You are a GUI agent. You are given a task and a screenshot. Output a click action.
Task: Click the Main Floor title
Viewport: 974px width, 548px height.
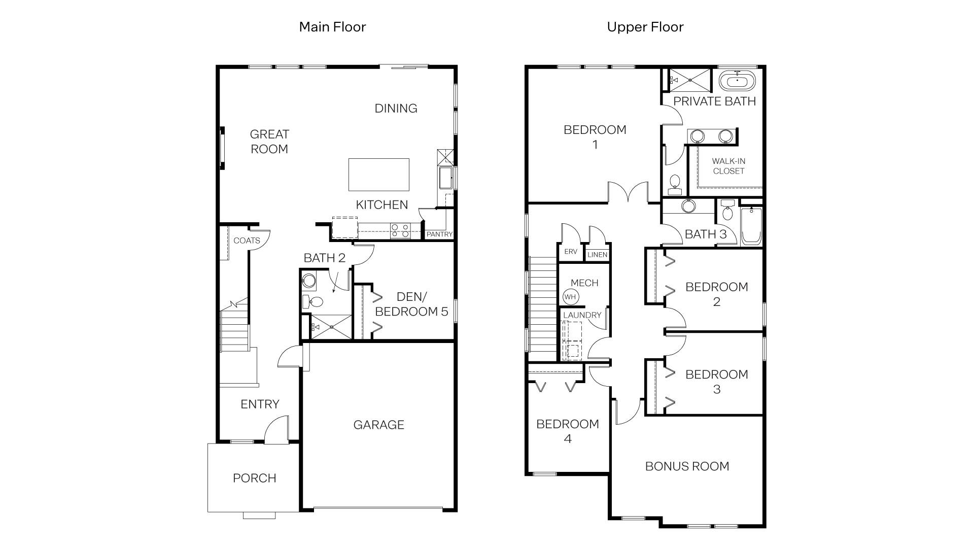[x=332, y=27]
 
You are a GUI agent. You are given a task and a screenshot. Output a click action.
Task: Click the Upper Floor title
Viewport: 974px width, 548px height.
[x=645, y=27]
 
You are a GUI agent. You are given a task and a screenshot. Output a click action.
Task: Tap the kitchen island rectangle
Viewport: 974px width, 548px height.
[x=378, y=175]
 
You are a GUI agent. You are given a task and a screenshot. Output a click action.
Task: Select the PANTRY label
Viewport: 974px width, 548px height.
[x=439, y=234]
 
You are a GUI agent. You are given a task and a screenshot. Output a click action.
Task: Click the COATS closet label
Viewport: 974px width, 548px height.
[x=247, y=241]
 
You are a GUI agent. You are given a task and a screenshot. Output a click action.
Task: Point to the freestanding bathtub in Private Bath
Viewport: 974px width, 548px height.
[x=737, y=81]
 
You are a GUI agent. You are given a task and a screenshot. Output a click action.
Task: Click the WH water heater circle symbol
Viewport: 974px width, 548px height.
[x=570, y=297]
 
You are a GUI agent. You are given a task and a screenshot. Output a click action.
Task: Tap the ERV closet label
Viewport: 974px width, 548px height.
[x=571, y=252]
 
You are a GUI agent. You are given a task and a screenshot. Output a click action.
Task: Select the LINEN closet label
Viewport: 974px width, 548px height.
[x=598, y=255]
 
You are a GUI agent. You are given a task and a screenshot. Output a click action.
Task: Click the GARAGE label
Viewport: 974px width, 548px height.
[x=378, y=425]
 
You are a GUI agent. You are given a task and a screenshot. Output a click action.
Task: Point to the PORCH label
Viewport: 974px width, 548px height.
[x=254, y=478]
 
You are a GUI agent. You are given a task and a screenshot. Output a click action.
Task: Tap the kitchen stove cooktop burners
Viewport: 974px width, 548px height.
[x=400, y=231]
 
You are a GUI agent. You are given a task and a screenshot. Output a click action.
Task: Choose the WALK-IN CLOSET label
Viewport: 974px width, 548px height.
[x=728, y=166]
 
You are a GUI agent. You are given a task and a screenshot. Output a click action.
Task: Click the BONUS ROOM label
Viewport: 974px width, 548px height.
[x=687, y=466]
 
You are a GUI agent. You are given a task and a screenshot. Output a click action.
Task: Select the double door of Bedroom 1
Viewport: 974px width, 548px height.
[x=628, y=192]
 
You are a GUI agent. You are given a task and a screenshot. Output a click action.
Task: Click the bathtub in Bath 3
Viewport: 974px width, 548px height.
[x=751, y=226]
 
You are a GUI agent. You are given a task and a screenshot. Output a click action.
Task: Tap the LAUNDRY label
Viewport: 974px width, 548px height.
[x=582, y=315]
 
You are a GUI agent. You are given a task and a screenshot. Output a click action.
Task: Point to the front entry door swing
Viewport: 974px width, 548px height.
[x=276, y=429]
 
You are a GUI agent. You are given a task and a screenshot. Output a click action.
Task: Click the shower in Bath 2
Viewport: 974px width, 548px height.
[x=331, y=327]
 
